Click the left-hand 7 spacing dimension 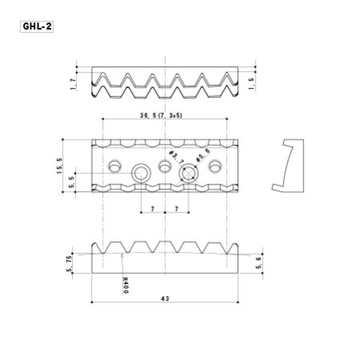(152, 209)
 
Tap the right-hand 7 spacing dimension (176, 209)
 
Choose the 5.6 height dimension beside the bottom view (257, 265)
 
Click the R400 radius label (126, 285)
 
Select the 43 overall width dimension (165, 298)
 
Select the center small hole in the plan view (165, 166)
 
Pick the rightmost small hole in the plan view (214, 166)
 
